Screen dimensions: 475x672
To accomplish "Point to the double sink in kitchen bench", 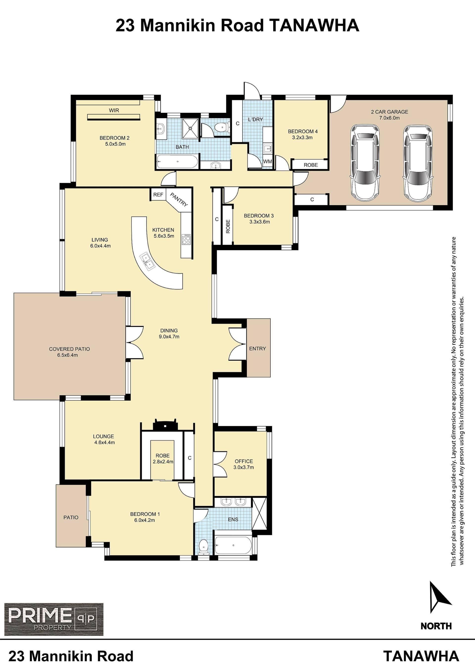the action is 147,261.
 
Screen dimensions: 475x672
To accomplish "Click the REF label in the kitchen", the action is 158,195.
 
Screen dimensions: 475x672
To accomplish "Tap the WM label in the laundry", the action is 267,162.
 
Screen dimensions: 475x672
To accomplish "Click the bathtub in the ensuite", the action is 233,545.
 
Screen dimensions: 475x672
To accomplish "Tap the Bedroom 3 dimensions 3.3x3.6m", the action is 260,222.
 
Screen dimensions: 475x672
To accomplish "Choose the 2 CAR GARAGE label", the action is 389,112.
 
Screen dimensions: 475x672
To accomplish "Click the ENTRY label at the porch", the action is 257,348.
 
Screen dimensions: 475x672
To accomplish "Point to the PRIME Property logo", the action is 54,619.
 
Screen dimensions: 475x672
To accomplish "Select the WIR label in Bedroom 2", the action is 114,110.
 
